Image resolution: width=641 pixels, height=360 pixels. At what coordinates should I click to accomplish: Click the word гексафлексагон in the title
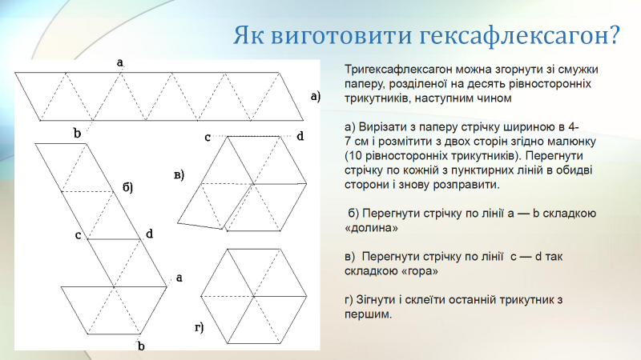[x=519, y=35]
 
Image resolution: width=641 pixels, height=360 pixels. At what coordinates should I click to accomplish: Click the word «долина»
[x=371, y=228]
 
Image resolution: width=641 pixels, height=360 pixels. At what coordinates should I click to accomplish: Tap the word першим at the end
[x=368, y=314]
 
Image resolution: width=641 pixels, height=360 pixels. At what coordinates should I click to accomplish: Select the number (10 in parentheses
[x=353, y=156]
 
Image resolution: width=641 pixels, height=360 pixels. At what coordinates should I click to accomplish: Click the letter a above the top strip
[x=119, y=62]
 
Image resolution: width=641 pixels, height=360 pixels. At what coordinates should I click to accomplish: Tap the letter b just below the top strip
[x=77, y=133]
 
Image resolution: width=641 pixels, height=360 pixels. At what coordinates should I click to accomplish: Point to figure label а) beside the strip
[x=315, y=96]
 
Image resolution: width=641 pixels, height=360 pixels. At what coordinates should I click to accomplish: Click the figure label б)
[x=128, y=187]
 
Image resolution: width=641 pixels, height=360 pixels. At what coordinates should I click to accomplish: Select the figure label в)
[x=179, y=175]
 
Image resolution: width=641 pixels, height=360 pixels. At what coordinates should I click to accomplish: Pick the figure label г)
[x=199, y=327]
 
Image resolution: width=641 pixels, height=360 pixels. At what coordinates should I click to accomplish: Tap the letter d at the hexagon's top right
[x=300, y=136]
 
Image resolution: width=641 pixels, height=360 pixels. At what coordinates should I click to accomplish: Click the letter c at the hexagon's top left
[x=208, y=138]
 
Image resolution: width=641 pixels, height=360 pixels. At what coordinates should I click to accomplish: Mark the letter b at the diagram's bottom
[x=141, y=346]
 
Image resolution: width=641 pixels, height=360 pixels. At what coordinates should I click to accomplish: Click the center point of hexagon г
[x=253, y=296]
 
